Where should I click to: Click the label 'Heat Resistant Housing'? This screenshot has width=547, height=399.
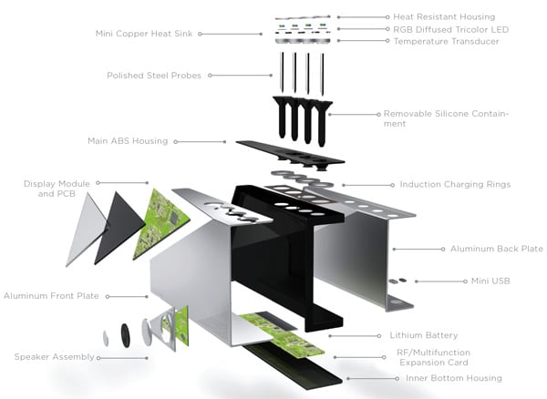444,16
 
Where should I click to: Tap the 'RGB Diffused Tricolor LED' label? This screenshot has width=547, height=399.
450,29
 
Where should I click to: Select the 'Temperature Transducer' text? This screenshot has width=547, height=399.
446,41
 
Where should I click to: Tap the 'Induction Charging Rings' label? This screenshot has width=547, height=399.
455,184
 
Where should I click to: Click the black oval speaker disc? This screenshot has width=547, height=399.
125,334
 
